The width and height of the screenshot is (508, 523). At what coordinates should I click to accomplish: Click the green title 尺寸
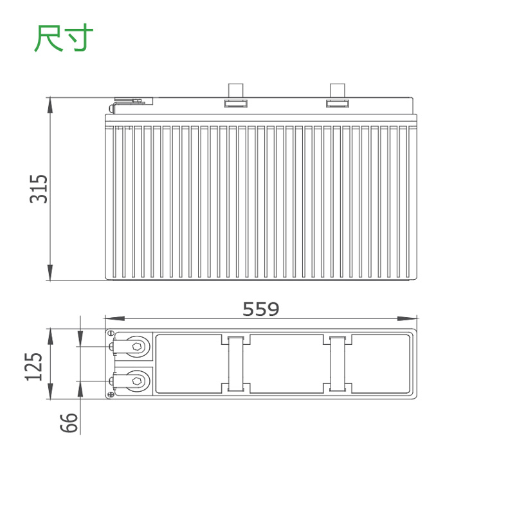[x=63, y=38]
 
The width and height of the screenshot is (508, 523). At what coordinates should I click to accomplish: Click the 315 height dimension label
[x=39, y=188]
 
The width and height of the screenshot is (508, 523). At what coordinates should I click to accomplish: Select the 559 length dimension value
[x=260, y=309]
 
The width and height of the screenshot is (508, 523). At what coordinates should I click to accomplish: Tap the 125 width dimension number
[x=33, y=367]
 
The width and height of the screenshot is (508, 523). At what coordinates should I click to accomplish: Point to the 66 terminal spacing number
[x=69, y=423]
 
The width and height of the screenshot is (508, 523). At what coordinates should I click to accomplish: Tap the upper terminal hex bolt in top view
[x=136, y=346]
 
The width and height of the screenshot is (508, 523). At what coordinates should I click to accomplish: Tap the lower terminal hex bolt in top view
[x=136, y=381]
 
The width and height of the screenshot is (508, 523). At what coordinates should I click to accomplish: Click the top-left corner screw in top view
[x=111, y=333]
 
